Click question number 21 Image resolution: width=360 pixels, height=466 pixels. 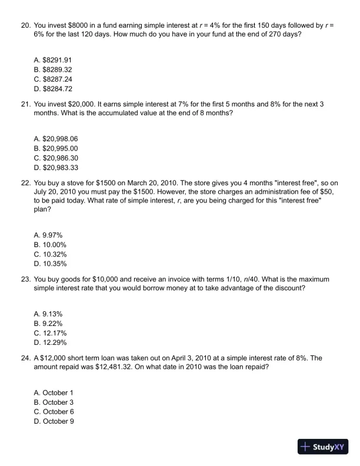[x=25, y=104]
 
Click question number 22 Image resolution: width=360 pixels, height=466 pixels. [x=25, y=183]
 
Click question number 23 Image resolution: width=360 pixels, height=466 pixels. [x=25, y=279]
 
